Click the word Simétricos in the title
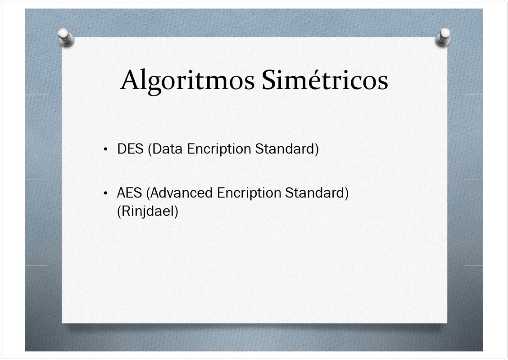coord(325,80)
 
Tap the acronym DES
coord(130,149)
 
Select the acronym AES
coord(129,193)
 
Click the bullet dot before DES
coord(106,149)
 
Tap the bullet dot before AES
coord(106,193)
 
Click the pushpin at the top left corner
coord(65,37)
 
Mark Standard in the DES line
coord(285,149)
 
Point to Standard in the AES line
coord(315,193)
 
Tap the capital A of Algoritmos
coord(131,80)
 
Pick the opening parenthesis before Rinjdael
coord(119,212)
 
